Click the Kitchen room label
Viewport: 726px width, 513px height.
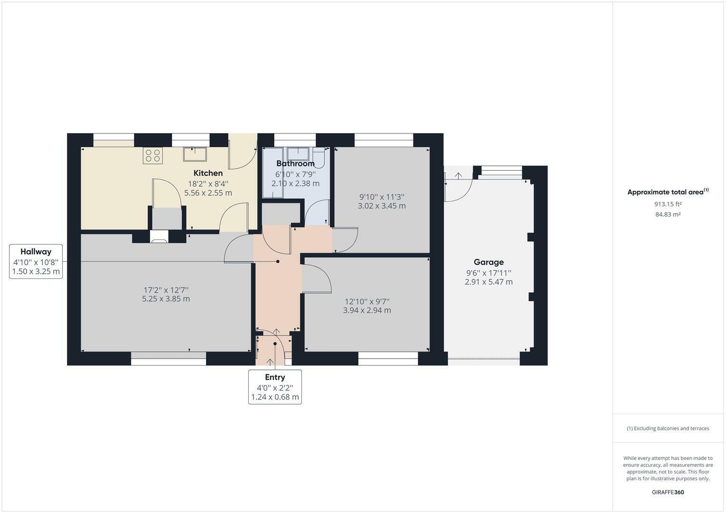(x=208, y=173)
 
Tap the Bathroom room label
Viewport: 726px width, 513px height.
(x=295, y=164)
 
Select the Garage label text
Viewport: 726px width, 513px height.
(x=488, y=262)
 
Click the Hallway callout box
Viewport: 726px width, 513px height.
(x=36, y=261)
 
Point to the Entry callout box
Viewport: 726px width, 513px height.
(x=275, y=387)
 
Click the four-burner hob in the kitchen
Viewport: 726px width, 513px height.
(x=153, y=156)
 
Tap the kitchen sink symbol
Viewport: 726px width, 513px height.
(x=195, y=154)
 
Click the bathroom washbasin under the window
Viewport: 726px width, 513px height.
(x=299, y=153)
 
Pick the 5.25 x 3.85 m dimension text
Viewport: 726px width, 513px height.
(x=166, y=299)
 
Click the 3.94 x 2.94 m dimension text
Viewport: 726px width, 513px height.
(x=367, y=310)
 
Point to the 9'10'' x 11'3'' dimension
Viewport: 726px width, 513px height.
(x=381, y=197)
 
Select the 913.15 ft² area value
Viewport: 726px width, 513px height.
(x=668, y=204)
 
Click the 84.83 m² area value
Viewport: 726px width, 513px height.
(x=668, y=215)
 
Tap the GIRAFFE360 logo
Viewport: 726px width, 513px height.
(x=668, y=492)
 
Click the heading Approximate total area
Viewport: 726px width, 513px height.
(x=665, y=192)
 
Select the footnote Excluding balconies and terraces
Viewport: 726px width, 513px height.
(x=668, y=428)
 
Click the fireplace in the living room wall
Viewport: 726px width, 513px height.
(x=159, y=237)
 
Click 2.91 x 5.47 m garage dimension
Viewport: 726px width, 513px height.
(x=488, y=282)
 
